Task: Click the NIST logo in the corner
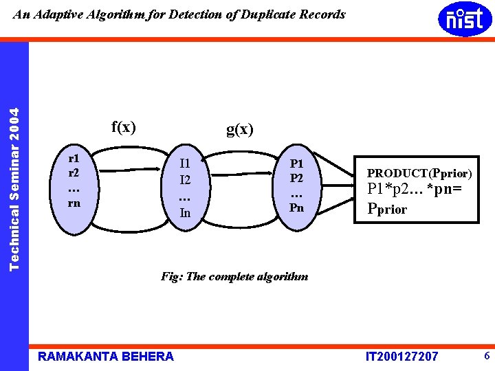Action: click(465, 19)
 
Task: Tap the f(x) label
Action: click(124, 127)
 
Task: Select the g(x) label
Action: click(240, 129)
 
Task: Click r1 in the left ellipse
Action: click(73, 157)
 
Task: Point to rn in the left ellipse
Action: click(74, 203)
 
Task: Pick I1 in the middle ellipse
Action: click(184, 164)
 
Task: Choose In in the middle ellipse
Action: click(185, 213)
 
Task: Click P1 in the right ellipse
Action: click(297, 164)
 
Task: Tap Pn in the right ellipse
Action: click(296, 207)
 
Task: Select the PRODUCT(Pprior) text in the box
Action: click(419, 174)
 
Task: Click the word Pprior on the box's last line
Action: click(387, 209)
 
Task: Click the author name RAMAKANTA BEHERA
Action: click(106, 356)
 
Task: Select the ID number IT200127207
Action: click(402, 357)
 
